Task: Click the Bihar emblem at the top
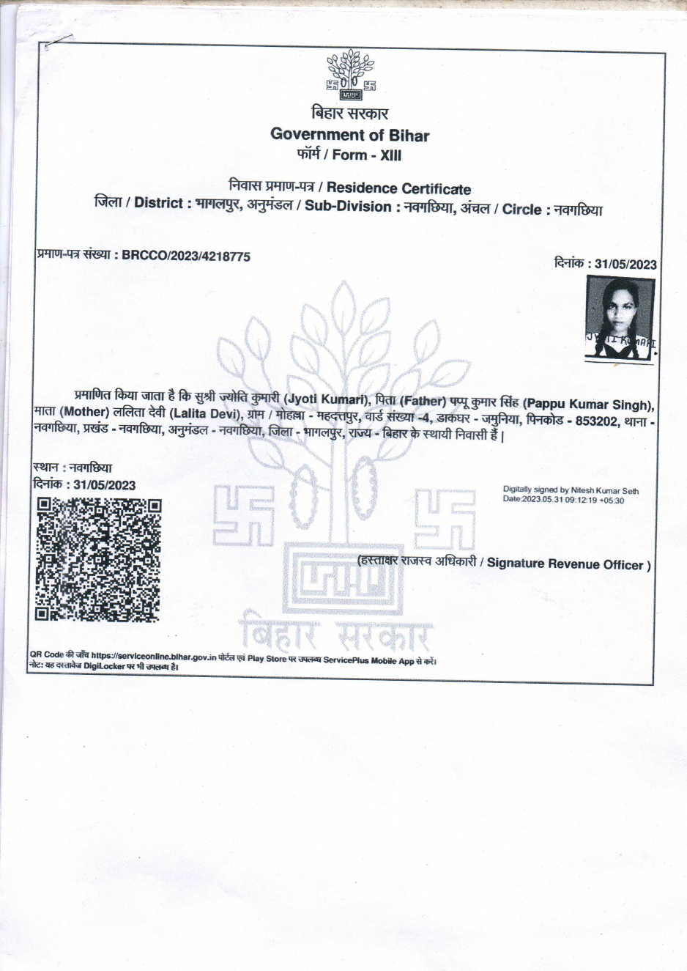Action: tap(350, 75)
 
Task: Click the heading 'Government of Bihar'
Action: tap(349, 135)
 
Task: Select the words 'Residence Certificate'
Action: tap(398, 189)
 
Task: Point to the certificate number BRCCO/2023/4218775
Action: tap(186, 256)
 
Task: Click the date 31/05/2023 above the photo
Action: tap(625, 265)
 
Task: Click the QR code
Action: tap(98, 560)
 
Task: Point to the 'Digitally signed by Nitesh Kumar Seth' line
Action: tap(571, 490)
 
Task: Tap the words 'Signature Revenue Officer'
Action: tap(565, 564)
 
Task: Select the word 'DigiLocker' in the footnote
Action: tap(104, 667)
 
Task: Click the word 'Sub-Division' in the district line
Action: tap(348, 207)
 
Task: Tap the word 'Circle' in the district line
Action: tap(521, 210)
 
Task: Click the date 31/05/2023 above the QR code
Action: tap(104, 485)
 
